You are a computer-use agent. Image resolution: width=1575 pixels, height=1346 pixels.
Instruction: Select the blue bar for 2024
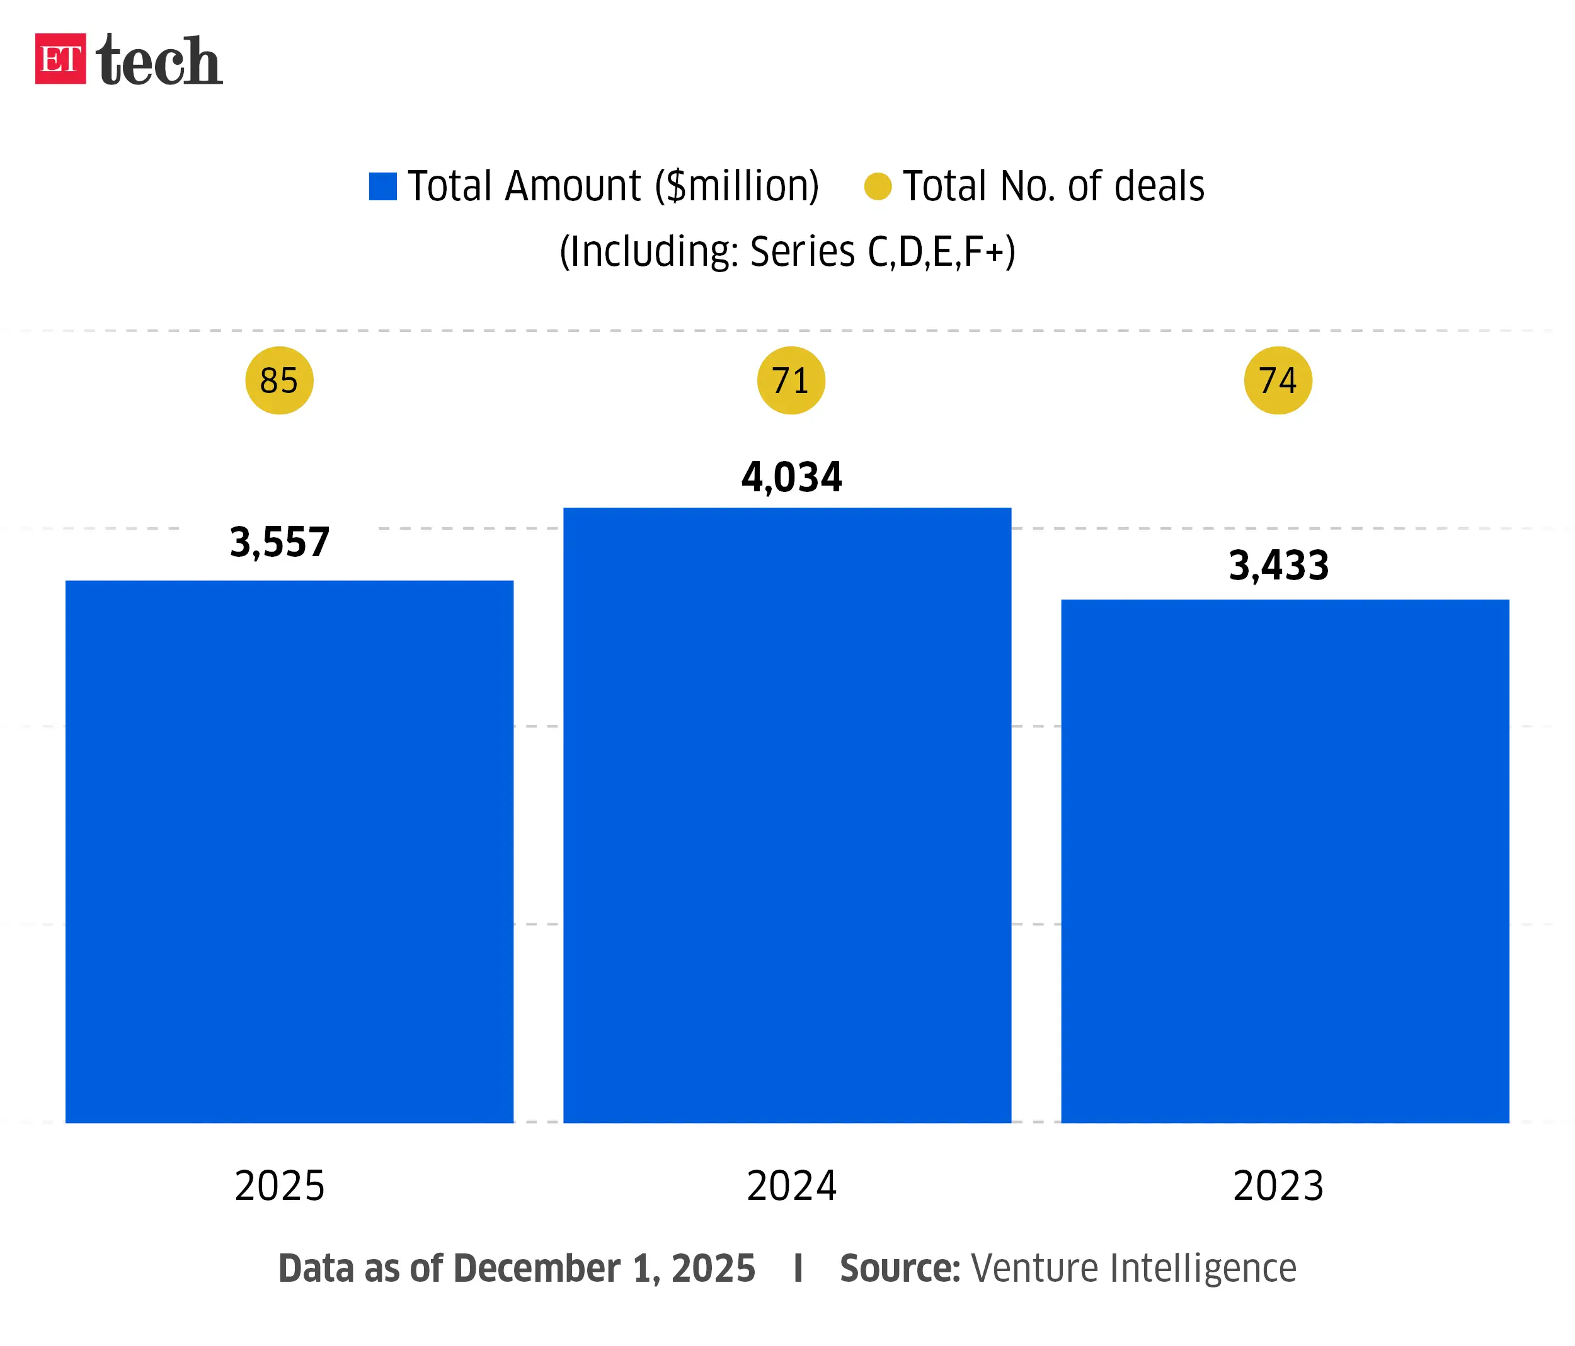coord(787,815)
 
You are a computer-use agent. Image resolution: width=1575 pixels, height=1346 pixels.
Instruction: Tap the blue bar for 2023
coord(1285,860)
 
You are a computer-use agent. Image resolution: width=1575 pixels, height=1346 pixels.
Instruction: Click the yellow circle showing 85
coord(279,380)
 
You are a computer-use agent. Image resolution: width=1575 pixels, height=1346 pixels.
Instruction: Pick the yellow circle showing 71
coord(791,380)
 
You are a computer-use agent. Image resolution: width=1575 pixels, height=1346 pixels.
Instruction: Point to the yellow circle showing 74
coord(1278,380)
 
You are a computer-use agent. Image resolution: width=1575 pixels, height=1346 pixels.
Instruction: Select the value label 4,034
coord(791,477)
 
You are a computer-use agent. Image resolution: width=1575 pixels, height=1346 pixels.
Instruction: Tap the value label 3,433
coord(1278,566)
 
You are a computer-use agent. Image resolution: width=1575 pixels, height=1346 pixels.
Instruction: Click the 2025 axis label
coord(279,1185)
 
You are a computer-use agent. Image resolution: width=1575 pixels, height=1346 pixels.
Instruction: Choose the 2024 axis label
coord(791,1185)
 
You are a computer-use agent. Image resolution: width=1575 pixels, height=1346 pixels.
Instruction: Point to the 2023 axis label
coord(1278,1185)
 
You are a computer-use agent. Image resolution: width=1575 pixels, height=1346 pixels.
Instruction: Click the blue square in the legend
coord(382,186)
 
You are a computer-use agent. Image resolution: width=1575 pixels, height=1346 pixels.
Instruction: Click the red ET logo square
coord(60,59)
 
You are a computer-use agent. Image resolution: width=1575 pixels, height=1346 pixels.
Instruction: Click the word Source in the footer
coord(899,1269)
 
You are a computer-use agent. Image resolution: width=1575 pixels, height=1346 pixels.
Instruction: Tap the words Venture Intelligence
coord(1133,1269)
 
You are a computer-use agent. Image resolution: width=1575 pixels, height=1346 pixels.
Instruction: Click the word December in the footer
coord(537,1269)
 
